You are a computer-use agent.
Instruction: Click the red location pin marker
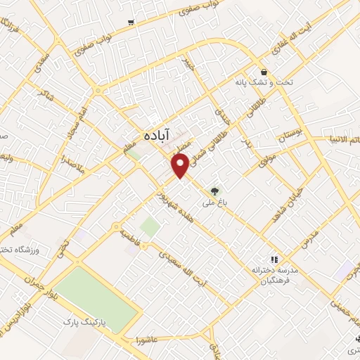[x=181, y=165]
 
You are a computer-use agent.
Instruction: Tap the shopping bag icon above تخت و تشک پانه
[x=264, y=72]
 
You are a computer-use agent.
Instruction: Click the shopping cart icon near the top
[x=131, y=22]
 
